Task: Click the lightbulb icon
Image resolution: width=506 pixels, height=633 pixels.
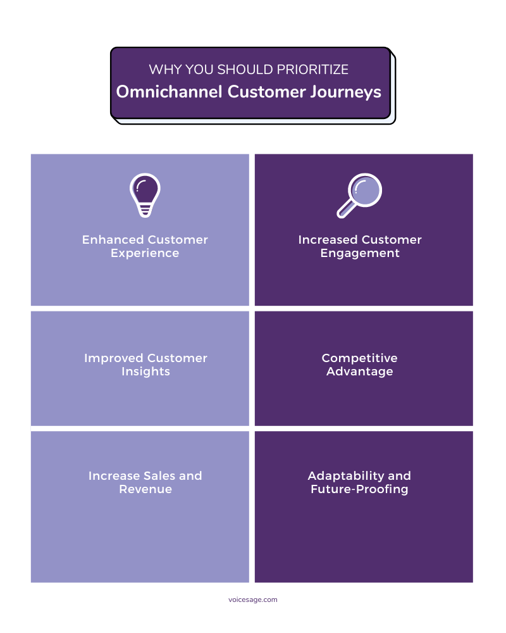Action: [145, 194]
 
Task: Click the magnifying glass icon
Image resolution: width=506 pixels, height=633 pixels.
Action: [359, 195]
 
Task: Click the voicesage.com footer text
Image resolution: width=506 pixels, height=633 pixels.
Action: [252, 599]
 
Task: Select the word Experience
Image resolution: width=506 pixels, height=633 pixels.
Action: [145, 253]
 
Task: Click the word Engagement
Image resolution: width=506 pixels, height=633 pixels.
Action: [359, 253]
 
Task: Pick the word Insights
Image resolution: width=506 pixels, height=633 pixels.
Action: [145, 372]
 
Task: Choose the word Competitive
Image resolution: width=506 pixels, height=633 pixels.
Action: [359, 358]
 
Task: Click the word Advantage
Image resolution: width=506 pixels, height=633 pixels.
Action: [359, 372]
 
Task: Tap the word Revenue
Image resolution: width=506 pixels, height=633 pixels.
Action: [145, 489]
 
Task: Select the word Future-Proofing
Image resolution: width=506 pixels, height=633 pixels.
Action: [359, 489]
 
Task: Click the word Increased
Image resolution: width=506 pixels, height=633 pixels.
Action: [327, 240]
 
